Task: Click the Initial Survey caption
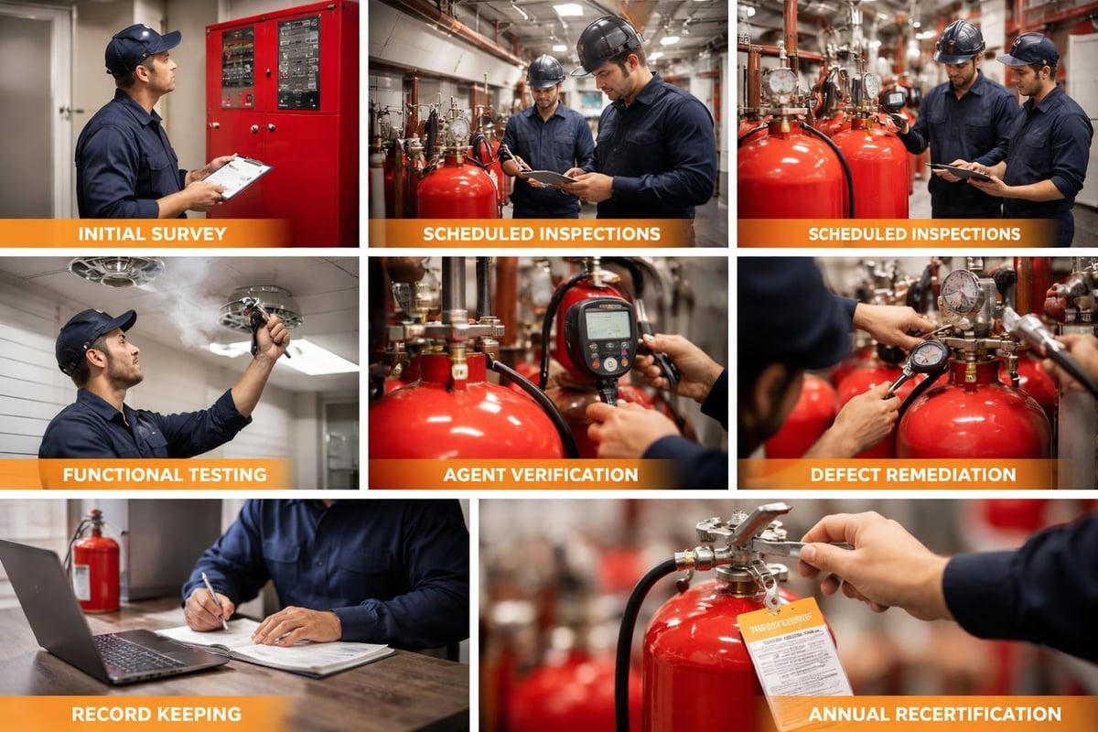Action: (152, 233)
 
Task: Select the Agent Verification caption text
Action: (541, 474)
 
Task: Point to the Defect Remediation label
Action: (912, 474)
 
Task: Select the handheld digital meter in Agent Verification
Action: (599, 336)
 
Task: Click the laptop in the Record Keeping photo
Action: (101, 622)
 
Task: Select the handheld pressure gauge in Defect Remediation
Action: (928, 357)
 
